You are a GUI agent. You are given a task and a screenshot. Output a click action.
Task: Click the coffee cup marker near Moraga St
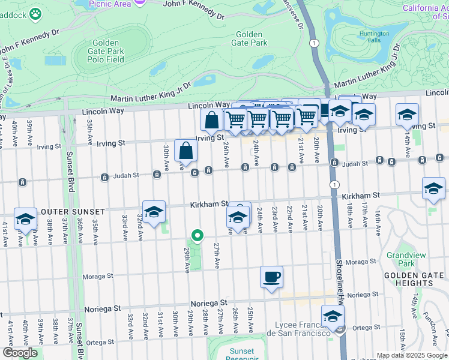(271, 277)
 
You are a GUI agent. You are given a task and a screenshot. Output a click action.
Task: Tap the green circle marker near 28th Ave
(196, 235)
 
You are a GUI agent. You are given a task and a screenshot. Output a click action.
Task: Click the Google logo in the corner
(20, 353)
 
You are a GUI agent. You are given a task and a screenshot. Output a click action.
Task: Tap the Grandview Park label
(406, 259)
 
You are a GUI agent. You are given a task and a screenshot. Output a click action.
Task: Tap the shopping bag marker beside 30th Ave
(185, 150)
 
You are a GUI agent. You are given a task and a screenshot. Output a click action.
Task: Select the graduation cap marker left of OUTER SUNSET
(26, 219)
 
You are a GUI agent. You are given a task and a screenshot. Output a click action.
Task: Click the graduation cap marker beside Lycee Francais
(332, 316)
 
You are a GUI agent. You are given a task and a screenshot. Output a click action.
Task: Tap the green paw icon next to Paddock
(35, 13)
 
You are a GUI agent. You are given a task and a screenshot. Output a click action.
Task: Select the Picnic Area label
(110, 4)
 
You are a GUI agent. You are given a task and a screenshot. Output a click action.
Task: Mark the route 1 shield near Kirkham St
(333, 185)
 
